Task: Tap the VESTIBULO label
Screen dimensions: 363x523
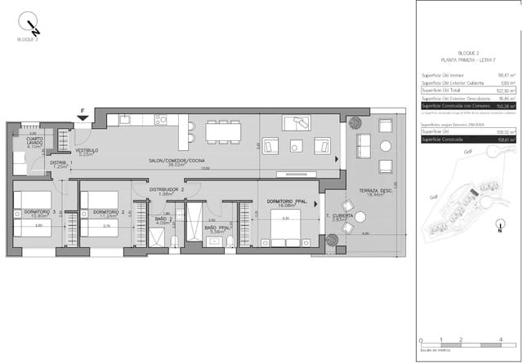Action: (x=87, y=151)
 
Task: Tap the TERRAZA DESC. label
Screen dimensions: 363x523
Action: (x=375, y=190)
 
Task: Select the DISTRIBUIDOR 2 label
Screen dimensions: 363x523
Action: (x=167, y=189)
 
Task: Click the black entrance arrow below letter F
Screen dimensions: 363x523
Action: (x=83, y=120)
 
